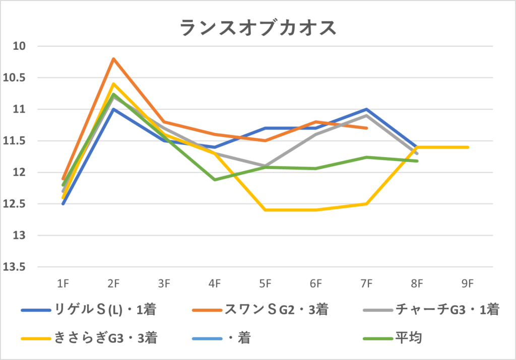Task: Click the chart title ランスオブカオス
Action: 257,28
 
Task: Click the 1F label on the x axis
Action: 62,283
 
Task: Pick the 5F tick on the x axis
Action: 265,283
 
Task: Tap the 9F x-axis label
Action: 468,283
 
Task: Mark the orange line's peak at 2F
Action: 113,59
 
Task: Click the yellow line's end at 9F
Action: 468,147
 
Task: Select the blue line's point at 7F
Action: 367,109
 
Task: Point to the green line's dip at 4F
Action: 215,180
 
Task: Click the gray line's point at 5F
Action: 266,166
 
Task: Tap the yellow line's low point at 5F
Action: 266,210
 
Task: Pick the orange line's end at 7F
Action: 367,128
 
